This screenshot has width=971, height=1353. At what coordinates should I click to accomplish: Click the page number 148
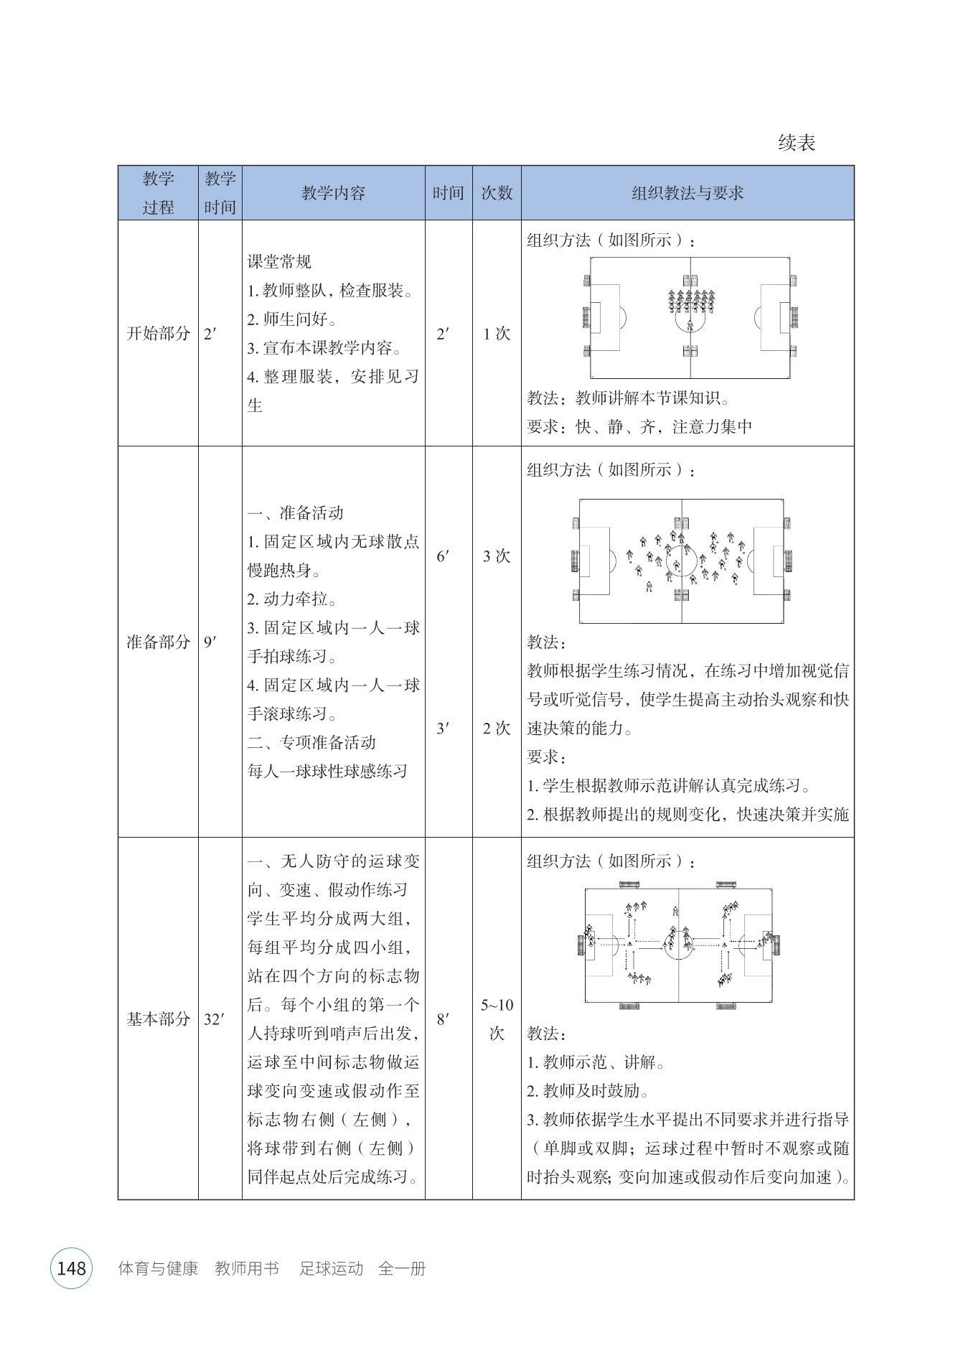point(71,1268)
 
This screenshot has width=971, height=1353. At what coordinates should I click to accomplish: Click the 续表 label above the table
point(797,143)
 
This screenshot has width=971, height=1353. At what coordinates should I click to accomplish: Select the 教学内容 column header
point(333,193)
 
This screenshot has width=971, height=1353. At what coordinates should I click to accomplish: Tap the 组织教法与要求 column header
point(687,193)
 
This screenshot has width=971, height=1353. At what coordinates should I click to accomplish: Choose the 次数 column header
point(497,193)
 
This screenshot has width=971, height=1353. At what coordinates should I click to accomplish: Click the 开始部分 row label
point(158,333)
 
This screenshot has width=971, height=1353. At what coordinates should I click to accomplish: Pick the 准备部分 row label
point(158,642)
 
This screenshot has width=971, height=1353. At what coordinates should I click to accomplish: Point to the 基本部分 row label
point(158,1019)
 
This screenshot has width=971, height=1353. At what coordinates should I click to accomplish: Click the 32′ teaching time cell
point(214,1019)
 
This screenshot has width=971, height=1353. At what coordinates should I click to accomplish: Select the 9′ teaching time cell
point(210,642)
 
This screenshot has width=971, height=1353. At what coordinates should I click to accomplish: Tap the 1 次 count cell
point(497,333)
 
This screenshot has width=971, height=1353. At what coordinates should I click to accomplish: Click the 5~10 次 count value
point(497,1019)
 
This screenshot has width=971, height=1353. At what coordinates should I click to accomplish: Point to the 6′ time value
point(443,556)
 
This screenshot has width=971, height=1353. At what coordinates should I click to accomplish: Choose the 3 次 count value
point(497,556)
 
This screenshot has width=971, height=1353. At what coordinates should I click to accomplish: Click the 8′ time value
point(443,1019)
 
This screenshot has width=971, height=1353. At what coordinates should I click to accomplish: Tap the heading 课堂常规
point(279,262)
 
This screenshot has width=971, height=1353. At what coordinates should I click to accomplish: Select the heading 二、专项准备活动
point(311,742)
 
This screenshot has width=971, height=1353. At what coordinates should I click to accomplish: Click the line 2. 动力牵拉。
point(292,599)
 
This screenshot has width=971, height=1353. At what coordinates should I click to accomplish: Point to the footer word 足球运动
point(331,1268)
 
